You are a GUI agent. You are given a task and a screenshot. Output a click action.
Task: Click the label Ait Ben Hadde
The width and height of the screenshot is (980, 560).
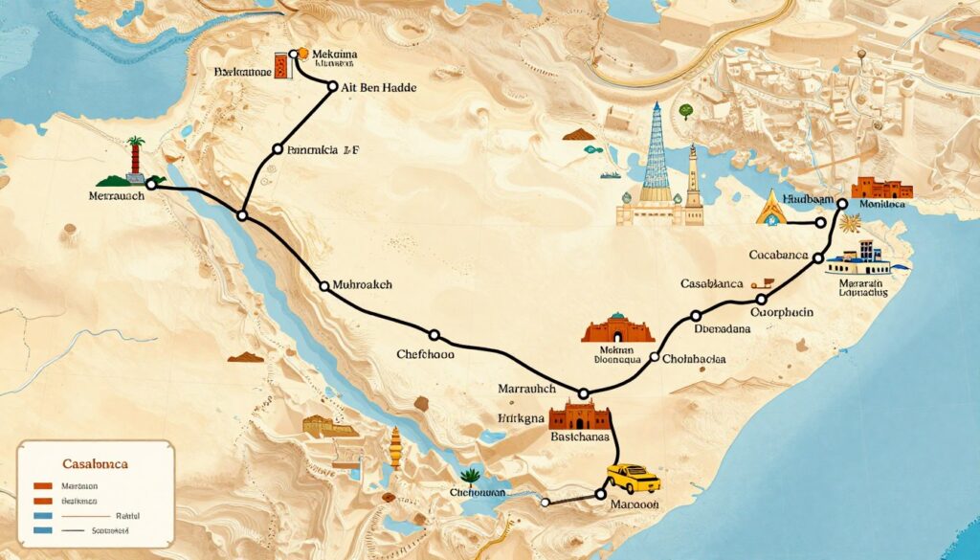[x=379, y=87]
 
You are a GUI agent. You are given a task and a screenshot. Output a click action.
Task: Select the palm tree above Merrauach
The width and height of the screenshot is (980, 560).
[x=135, y=154]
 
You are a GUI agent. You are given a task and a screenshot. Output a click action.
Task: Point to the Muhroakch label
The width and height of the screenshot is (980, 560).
[x=363, y=285]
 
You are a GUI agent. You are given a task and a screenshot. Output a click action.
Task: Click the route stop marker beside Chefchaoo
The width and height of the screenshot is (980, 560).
[x=434, y=335]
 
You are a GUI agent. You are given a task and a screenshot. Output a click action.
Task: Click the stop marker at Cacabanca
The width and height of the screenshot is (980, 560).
[x=817, y=258]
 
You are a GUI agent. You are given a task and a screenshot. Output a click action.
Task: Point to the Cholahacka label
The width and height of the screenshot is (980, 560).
[x=693, y=360]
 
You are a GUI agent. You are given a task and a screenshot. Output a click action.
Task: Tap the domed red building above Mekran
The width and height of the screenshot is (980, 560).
[x=618, y=328]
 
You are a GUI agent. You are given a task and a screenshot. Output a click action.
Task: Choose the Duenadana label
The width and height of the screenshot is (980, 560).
[x=720, y=328]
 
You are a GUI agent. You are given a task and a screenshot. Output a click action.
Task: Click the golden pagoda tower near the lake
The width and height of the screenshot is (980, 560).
[x=396, y=446]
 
